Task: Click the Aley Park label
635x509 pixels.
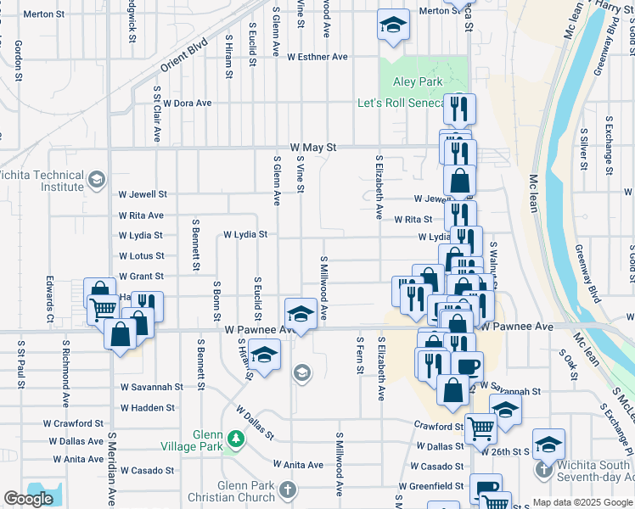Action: pyautogui.click(x=418, y=82)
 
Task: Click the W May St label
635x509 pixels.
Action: pyautogui.click(x=312, y=147)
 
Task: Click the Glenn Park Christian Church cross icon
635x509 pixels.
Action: pyautogui.click(x=288, y=489)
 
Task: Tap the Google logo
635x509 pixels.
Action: pyautogui.click(x=29, y=499)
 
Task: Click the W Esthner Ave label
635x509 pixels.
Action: pyautogui.click(x=317, y=58)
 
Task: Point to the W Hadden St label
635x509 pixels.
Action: pyautogui.click(x=148, y=408)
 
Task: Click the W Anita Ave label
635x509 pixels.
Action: pyautogui.click(x=298, y=465)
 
